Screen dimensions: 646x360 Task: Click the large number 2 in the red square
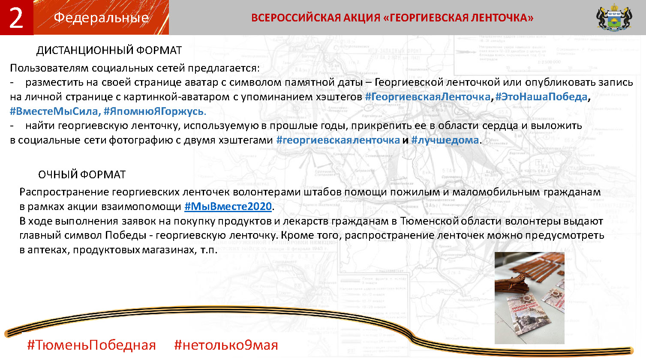[16, 18]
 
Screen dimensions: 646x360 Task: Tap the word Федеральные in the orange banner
[101, 18]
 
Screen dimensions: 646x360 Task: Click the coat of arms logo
[614, 17]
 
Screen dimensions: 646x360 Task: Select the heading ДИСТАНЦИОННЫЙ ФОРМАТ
[109, 51]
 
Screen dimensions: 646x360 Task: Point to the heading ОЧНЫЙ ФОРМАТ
[82, 175]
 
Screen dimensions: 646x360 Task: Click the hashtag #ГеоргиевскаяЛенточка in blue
[428, 97]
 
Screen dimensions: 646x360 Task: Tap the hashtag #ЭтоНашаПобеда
[541, 97]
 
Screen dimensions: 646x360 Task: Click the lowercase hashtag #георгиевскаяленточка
[338, 140]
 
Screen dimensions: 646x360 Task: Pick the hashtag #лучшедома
[445, 140]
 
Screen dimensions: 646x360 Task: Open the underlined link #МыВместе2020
[228, 207]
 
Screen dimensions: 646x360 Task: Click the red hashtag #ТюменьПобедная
[91, 345]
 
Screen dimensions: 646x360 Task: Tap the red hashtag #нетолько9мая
[226, 345]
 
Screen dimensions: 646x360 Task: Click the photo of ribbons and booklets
[529, 298]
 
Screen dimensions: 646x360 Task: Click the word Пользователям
[49, 68]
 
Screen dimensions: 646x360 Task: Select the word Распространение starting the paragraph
[64, 192]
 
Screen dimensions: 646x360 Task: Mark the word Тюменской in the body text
[430, 221]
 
